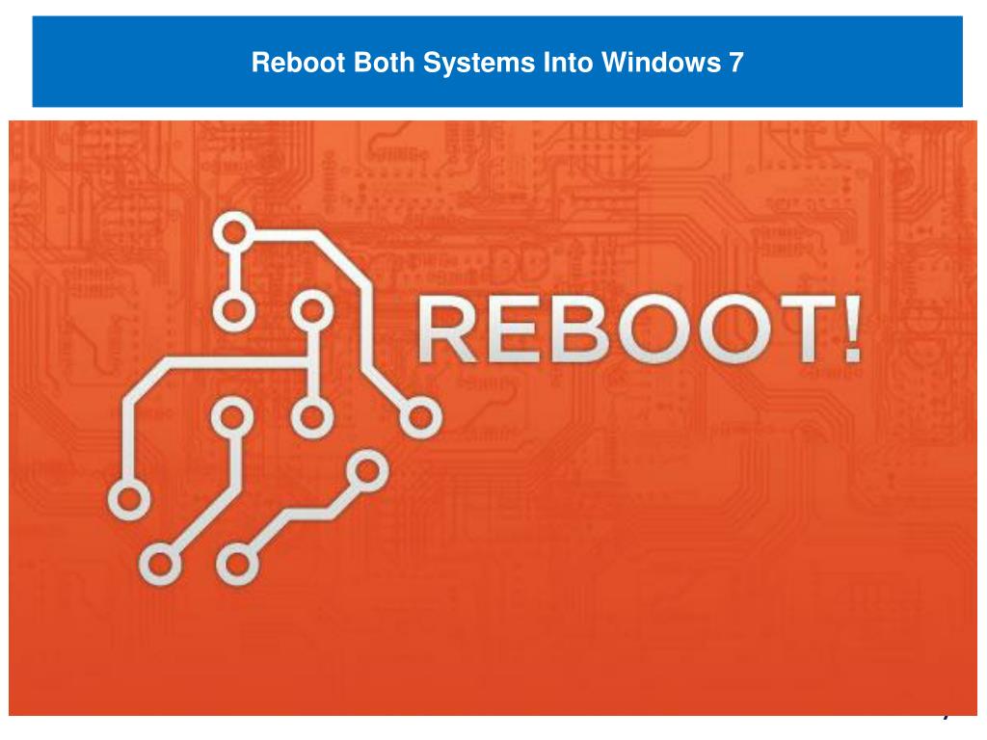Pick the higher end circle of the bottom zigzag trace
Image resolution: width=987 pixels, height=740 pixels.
tap(365, 469)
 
